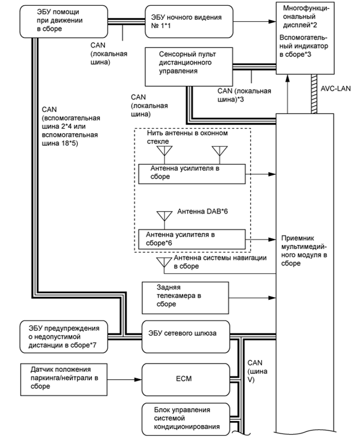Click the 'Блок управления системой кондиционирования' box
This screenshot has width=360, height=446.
tap(186, 418)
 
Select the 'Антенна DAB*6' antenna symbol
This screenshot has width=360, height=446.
tap(166, 216)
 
